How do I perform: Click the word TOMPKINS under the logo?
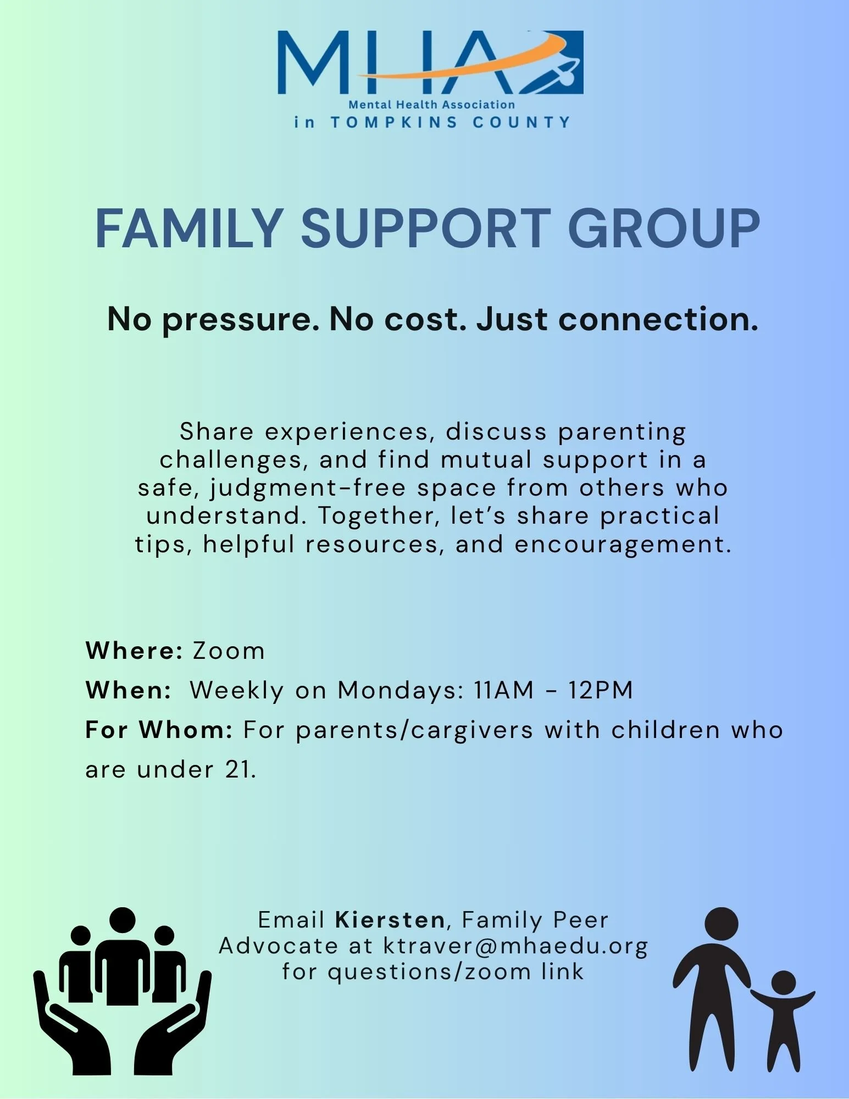click(393, 123)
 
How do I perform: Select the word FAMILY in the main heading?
click(189, 229)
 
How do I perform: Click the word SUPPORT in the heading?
click(425, 229)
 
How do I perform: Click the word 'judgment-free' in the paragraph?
click(308, 489)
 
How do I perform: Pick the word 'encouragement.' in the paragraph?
click(623, 545)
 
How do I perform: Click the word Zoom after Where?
click(229, 651)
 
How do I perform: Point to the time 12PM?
click(601, 691)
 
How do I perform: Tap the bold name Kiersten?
click(390, 920)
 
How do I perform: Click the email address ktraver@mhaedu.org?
click(515, 946)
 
